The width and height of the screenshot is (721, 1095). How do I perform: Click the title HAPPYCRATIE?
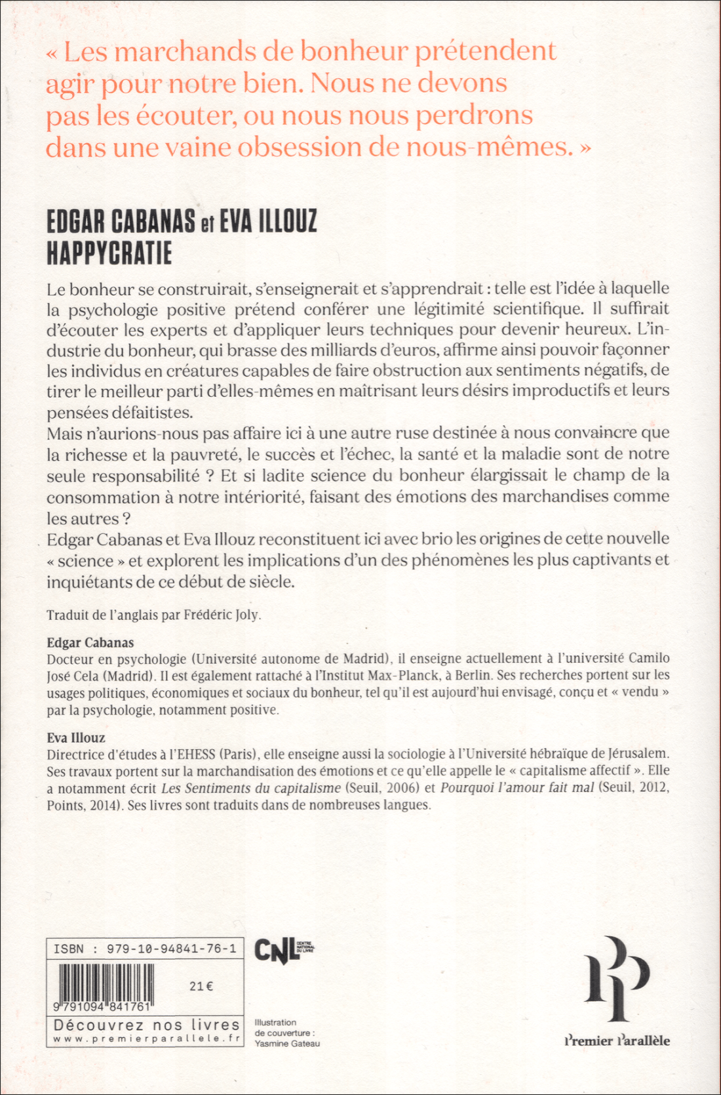tap(109, 253)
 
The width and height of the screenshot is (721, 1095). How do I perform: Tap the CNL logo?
tap(275, 949)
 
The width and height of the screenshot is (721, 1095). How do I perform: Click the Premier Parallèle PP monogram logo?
tap(617, 978)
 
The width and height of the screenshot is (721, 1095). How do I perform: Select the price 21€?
tap(201, 985)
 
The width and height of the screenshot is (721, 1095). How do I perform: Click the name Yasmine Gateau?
tap(287, 1043)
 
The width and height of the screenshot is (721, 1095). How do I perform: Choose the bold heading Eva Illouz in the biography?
tap(76, 737)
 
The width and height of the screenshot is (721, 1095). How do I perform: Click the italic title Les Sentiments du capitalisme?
tap(251, 788)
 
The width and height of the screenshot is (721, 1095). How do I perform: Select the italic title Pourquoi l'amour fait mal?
tap(517, 788)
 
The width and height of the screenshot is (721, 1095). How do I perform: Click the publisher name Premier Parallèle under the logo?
tap(617, 1040)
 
